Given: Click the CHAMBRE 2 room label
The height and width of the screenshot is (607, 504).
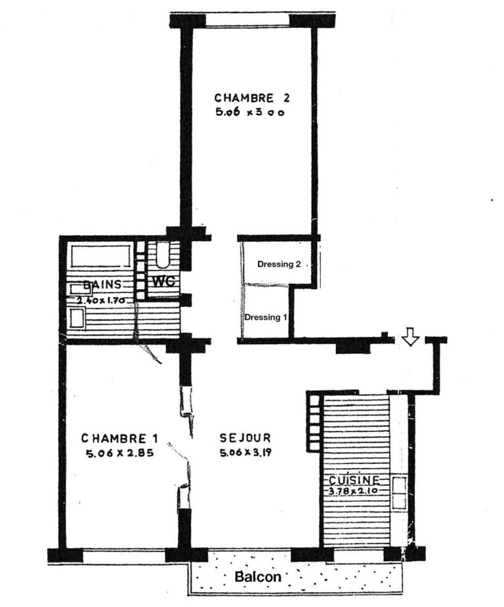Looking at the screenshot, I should [x=252, y=98].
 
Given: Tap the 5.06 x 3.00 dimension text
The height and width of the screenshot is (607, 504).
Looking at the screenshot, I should [x=252, y=112].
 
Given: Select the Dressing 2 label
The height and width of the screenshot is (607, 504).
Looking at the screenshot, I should [x=279, y=265].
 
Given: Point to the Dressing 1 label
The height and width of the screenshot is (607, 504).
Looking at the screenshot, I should [x=266, y=317].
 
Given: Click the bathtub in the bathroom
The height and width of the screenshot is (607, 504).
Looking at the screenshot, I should [x=100, y=256].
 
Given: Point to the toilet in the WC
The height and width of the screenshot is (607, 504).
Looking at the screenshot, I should [x=163, y=256].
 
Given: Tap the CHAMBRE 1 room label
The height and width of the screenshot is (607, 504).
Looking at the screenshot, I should [x=120, y=438].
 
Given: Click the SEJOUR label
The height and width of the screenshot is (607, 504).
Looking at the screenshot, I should [x=245, y=438].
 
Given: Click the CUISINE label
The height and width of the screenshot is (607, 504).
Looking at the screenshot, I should [x=354, y=480].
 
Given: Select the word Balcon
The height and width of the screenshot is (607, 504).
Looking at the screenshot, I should [x=259, y=577].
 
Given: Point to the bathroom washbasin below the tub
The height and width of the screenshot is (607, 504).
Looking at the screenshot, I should [x=77, y=319].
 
